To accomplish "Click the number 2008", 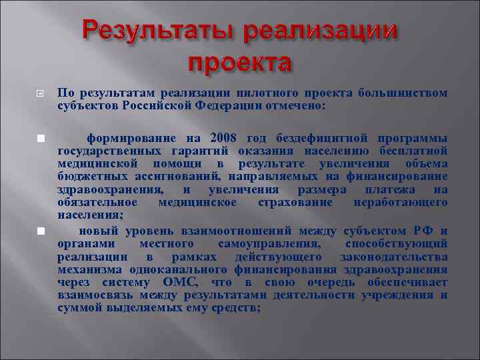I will tap(224, 138).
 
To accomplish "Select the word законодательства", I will tap(393, 257).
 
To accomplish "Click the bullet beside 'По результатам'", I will tap(40, 94).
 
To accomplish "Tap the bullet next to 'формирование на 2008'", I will tap(40, 138).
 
